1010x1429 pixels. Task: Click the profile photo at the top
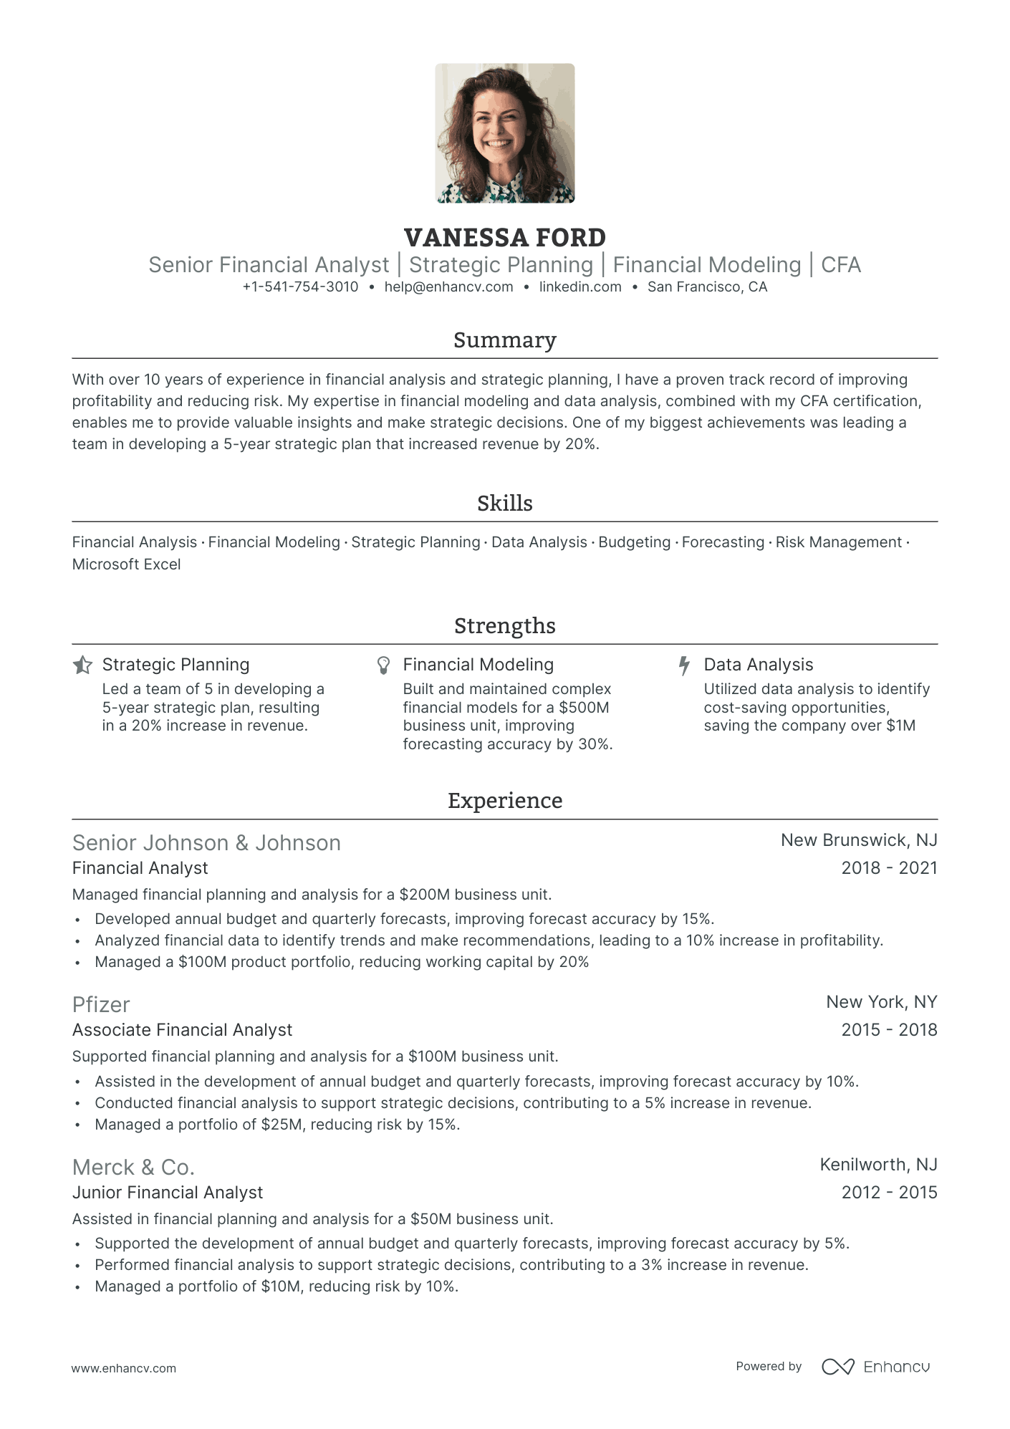504,133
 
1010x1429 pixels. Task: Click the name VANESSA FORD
504,238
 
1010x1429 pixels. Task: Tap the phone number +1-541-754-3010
300,287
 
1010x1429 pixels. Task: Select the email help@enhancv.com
448,287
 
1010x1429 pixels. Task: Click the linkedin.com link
580,287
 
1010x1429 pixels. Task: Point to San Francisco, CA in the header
707,287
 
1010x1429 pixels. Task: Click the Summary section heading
504,340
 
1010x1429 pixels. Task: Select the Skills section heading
504,504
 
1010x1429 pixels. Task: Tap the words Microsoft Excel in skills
126,564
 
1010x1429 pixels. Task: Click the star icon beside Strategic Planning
82,665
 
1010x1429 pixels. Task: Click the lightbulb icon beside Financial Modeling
384,665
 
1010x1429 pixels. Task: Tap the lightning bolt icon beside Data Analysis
684,665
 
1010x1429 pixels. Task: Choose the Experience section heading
504,801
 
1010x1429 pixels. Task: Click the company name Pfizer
101,1005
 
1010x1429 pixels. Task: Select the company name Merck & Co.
133,1168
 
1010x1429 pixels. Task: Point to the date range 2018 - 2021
889,868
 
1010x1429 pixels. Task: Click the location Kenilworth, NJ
878,1165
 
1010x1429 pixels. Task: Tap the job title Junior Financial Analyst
168,1193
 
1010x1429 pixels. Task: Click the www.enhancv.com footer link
123,1368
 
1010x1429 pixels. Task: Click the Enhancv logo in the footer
875,1367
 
